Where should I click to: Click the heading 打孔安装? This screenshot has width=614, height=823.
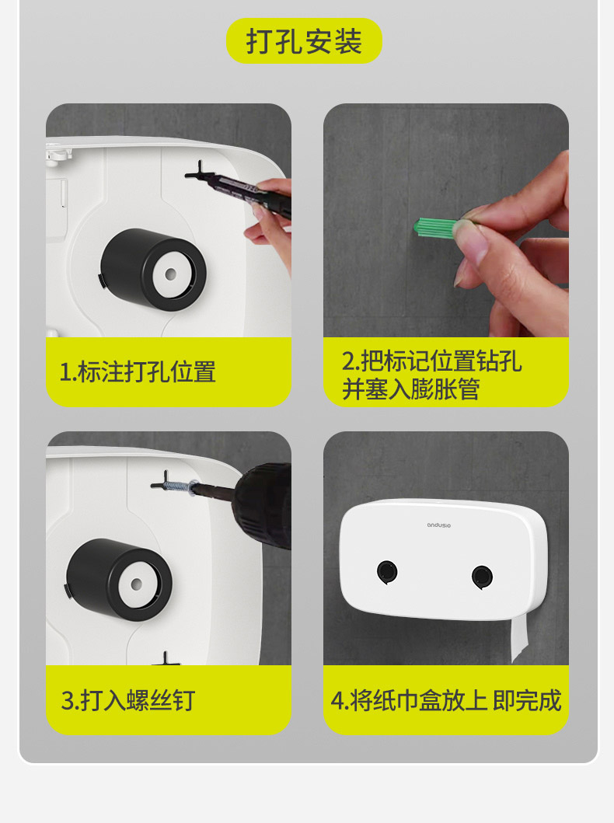coord(304,41)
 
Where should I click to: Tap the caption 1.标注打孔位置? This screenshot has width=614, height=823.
coord(138,371)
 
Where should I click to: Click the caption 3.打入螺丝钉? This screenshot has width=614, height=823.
coord(128,700)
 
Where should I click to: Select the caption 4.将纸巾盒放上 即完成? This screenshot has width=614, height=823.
coord(446,700)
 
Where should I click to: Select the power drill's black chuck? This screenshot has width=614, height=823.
coord(263,504)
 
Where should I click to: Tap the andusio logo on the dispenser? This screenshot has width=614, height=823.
coord(438,525)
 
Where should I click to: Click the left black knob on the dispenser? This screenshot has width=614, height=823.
coord(387,571)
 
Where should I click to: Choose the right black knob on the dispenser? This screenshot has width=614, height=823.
coord(482,577)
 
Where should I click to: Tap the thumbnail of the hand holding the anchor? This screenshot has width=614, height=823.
coord(446,221)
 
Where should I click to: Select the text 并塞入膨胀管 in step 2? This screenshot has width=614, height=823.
coord(410,389)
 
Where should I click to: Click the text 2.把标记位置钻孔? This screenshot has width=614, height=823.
coord(431,361)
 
